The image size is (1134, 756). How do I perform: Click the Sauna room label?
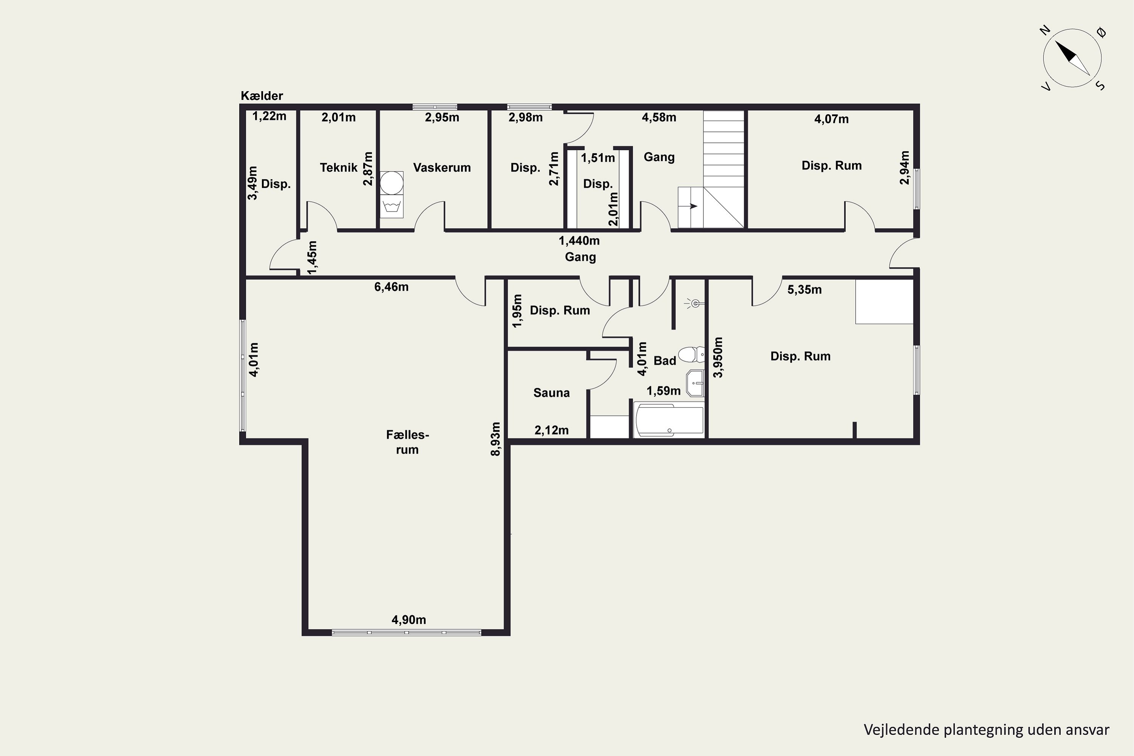click(551, 393)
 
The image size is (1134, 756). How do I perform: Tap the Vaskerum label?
click(442, 168)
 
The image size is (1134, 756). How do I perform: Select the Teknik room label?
click(338, 168)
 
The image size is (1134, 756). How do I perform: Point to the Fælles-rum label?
click(407, 442)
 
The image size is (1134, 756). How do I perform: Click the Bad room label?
click(665, 361)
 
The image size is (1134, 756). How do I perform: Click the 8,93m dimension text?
click(495, 439)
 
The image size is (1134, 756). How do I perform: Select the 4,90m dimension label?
click(408, 620)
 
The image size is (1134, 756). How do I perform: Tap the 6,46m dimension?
click(391, 287)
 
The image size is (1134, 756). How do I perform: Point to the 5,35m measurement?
click(804, 290)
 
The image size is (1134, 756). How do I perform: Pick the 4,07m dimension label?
click(831, 119)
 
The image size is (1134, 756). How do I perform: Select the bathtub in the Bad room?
click(669, 420)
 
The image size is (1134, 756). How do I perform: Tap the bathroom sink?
click(695, 383)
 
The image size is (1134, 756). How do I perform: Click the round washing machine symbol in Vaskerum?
click(392, 183)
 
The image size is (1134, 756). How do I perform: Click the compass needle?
click(1072, 58)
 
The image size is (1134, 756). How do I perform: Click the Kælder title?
click(262, 96)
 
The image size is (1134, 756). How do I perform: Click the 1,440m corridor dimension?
click(579, 240)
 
